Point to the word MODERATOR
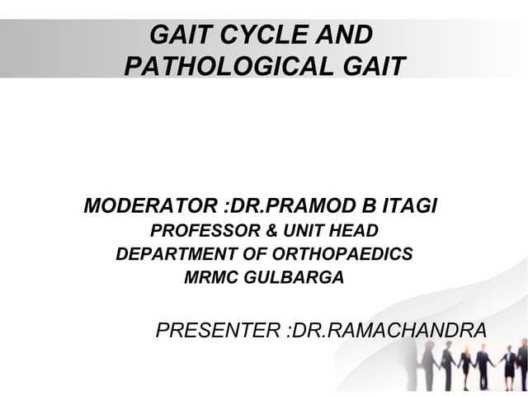[139, 205]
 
